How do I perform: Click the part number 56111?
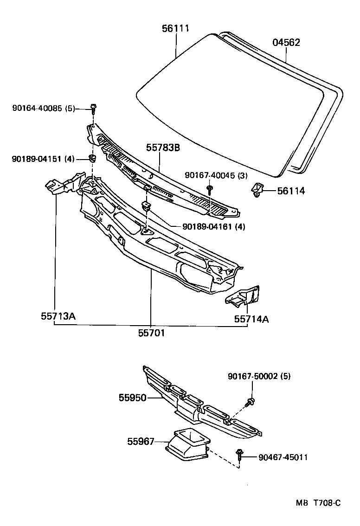click(x=175, y=29)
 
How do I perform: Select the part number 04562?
click(x=286, y=43)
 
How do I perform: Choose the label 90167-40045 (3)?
click(x=216, y=175)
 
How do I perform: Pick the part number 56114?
click(x=291, y=191)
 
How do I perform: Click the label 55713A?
click(x=58, y=317)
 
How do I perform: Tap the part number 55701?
click(x=151, y=333)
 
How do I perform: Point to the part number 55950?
click(x=132, y=398)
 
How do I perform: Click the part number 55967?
click(x=141, y=443)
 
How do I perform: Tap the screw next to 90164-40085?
click(x=94, y=109)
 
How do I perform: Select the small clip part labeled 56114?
click(x=257, y=190)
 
